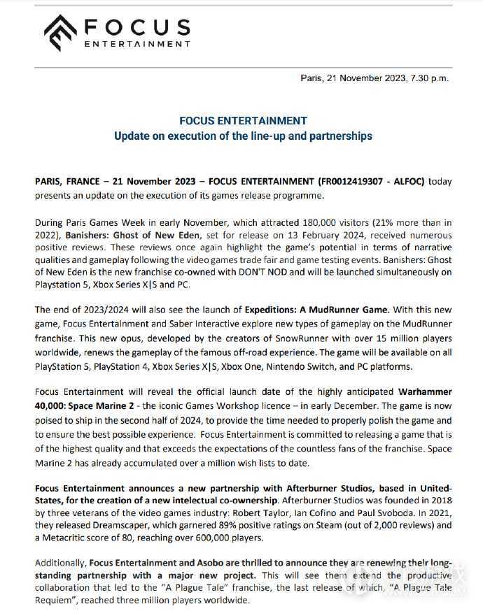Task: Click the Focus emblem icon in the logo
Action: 61,33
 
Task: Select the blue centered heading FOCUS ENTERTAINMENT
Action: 243,121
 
